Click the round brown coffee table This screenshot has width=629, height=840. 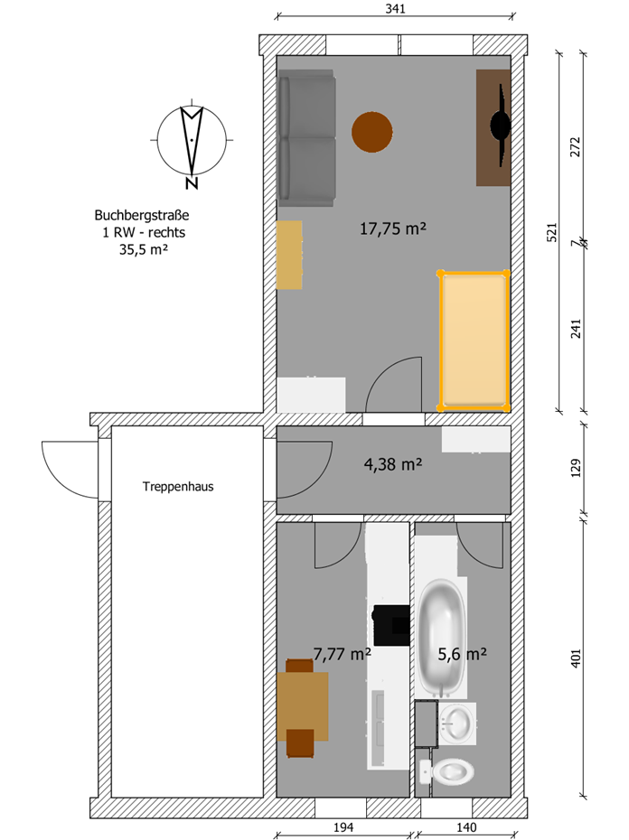click(372, 132)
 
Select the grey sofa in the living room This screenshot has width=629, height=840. click(307, 138)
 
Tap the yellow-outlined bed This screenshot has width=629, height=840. click(474, 341)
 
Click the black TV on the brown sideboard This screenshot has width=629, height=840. click(501, 126)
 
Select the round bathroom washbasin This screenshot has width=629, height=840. click(457, 723)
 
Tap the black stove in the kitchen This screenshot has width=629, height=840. click(391, 625)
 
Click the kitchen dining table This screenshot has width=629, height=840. click(303, 706)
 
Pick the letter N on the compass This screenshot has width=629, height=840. click(192, 183)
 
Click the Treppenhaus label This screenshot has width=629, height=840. click(178, 487)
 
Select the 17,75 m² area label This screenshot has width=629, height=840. click(393, 229)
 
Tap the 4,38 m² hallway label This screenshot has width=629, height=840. click(393, 464)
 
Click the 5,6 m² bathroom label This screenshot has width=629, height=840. click(462, 654)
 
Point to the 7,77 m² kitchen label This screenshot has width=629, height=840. click(343, 654)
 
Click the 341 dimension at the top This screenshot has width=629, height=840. click(395, 8)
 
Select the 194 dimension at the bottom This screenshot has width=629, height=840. click(343, 827)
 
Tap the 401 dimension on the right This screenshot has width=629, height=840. click(576, 658)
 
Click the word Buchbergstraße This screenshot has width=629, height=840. click(142, 215)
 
